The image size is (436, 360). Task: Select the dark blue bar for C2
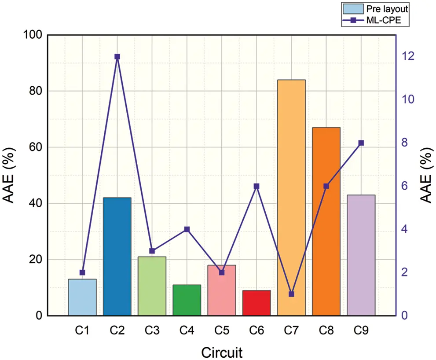point(117,256)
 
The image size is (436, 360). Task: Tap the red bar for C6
point(257,303)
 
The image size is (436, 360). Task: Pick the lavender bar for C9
point(361,255)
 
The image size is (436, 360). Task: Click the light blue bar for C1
point(82,297)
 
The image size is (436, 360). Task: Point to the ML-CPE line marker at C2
point(117,57)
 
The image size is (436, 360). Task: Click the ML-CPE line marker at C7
point(291,294)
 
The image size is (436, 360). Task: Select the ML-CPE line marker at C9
point(361,143)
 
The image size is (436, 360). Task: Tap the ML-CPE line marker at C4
point(187,229)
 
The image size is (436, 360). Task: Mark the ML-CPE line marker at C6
point(257,186)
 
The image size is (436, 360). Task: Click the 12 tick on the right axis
point(410,57)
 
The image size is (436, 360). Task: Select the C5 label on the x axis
point(222,329)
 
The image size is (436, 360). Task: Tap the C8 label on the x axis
point(326,329)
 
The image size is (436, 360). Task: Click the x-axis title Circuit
point(222,352)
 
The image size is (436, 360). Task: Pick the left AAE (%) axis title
point(11,175)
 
